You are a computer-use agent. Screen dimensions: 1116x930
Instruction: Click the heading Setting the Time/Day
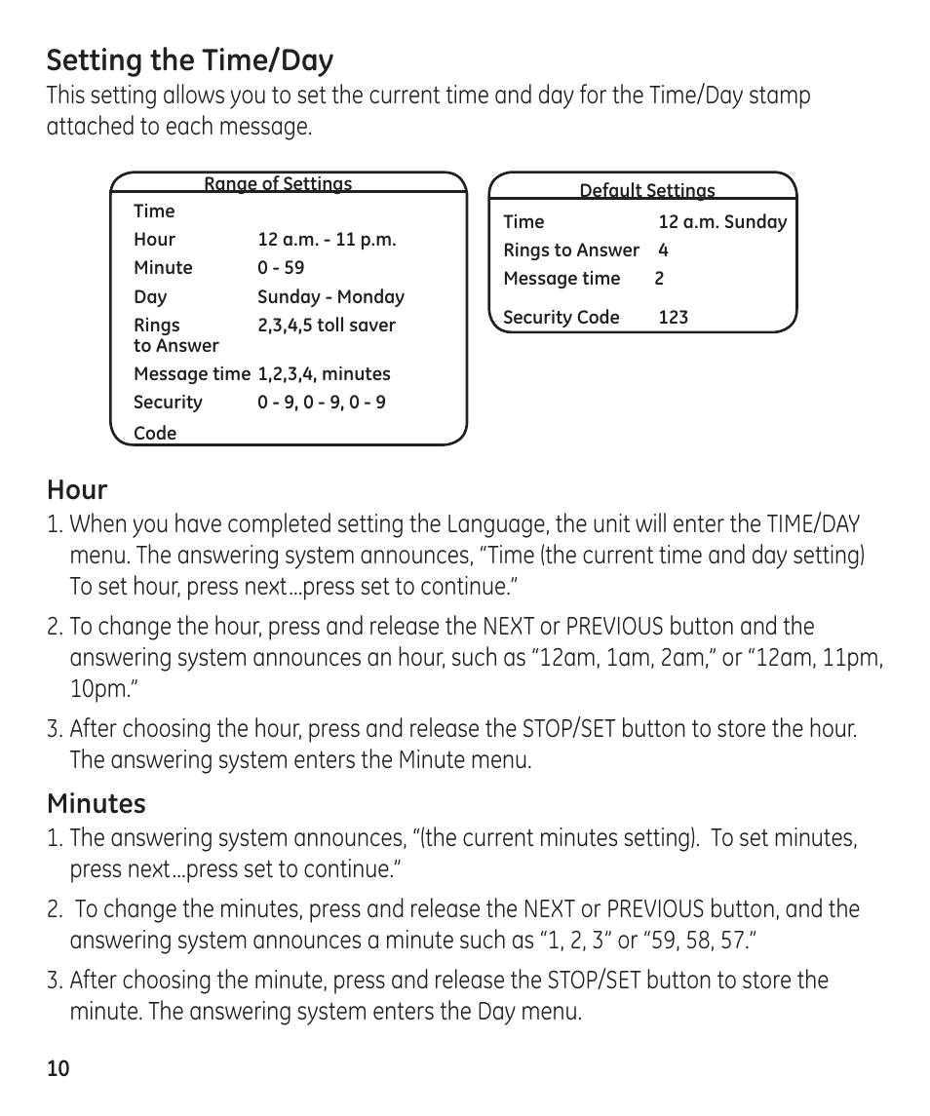point(189,60)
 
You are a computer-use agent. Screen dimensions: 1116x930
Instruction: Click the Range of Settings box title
point(278,183)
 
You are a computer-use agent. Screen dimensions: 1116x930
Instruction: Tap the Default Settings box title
point(646,190)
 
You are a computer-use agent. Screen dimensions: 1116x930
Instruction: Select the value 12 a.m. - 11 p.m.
point(327,240)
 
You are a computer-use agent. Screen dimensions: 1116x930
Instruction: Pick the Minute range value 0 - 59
point(281,268)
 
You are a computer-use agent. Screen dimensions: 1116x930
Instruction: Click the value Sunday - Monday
point(330,297)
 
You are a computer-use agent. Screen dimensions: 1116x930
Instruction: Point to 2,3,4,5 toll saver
point(327,326)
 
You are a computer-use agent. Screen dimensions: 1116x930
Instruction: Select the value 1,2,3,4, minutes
point(324,374)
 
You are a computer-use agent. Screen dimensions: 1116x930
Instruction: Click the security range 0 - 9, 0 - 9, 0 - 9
point(321,403)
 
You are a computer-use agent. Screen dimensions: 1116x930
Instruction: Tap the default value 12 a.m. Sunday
point(721,222)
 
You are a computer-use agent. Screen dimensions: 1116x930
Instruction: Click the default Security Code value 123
point(673,317)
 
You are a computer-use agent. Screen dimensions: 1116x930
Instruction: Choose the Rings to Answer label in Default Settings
point(570,250)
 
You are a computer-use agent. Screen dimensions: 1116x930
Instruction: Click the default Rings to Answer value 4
point(663,250)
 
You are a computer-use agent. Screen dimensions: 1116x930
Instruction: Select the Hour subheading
point(77,489)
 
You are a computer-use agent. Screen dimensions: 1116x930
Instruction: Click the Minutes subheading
point(97,803)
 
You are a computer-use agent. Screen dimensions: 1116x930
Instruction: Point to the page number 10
point(58,1068)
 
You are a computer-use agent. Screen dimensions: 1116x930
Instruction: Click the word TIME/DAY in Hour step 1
point(813,524)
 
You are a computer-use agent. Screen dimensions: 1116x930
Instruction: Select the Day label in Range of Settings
point(150,297)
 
